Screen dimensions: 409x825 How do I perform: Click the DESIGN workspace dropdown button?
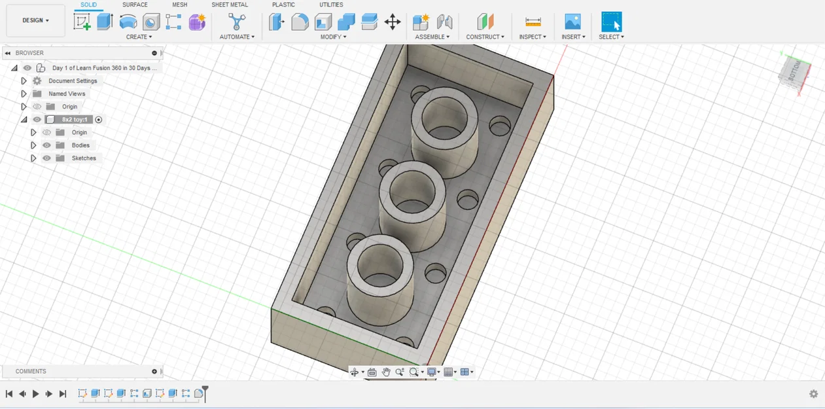coord(35,20)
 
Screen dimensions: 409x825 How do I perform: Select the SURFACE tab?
coord(135,5)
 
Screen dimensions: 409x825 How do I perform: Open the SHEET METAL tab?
coord(229,5)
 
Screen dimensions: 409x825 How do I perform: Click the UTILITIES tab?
coord(331,5)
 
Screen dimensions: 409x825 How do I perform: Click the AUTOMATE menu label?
coord(237,37)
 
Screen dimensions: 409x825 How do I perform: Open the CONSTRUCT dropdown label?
coord(485,37)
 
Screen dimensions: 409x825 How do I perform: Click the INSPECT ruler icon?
coord(533,22)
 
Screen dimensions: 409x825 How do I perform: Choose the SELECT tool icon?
coord(611,22)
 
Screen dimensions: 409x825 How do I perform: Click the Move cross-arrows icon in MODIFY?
coord(393,22)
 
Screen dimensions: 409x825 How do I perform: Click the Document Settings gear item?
coord(73,80)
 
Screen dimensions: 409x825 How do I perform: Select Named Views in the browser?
coord(67,94)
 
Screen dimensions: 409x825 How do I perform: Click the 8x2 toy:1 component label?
coord(74,120)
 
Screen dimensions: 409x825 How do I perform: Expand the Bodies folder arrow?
coord(33,145)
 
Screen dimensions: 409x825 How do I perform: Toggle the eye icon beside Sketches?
coord(46,158)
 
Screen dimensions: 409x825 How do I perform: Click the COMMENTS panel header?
coord(31,371)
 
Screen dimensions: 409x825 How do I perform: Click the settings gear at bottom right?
coord(813,394)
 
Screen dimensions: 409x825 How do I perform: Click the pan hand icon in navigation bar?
coord(385,372)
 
